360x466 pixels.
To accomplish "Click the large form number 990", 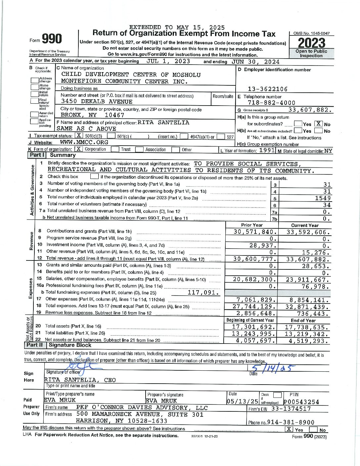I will [x=52, y=39].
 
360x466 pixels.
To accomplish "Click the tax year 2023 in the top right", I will [x=311, y=43].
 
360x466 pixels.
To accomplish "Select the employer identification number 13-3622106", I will [x=268, y=89].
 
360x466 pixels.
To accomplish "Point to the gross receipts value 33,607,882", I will [x=309, y=110].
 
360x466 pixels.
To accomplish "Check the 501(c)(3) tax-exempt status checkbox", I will [x=79, y=136].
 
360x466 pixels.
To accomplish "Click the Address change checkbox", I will [x=35, y=80].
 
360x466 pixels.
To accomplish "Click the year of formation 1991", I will [x=267, y=150].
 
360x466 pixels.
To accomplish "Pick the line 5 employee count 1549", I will [x=323, y=198].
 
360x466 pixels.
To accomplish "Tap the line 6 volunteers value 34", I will [x=327, y=205].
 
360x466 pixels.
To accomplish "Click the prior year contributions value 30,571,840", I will [x=254, y=232].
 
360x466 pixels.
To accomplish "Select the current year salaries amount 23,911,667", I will [x=307, y=280].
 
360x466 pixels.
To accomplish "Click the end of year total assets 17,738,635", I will [x=307, y=327].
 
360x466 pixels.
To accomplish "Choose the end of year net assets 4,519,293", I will [x=309, y=341].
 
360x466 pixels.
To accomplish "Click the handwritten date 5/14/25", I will [x=273, y=368].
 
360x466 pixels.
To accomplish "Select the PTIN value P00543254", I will [x=301, y=402].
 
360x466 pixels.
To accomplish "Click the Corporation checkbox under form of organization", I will [x=78, y=149].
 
